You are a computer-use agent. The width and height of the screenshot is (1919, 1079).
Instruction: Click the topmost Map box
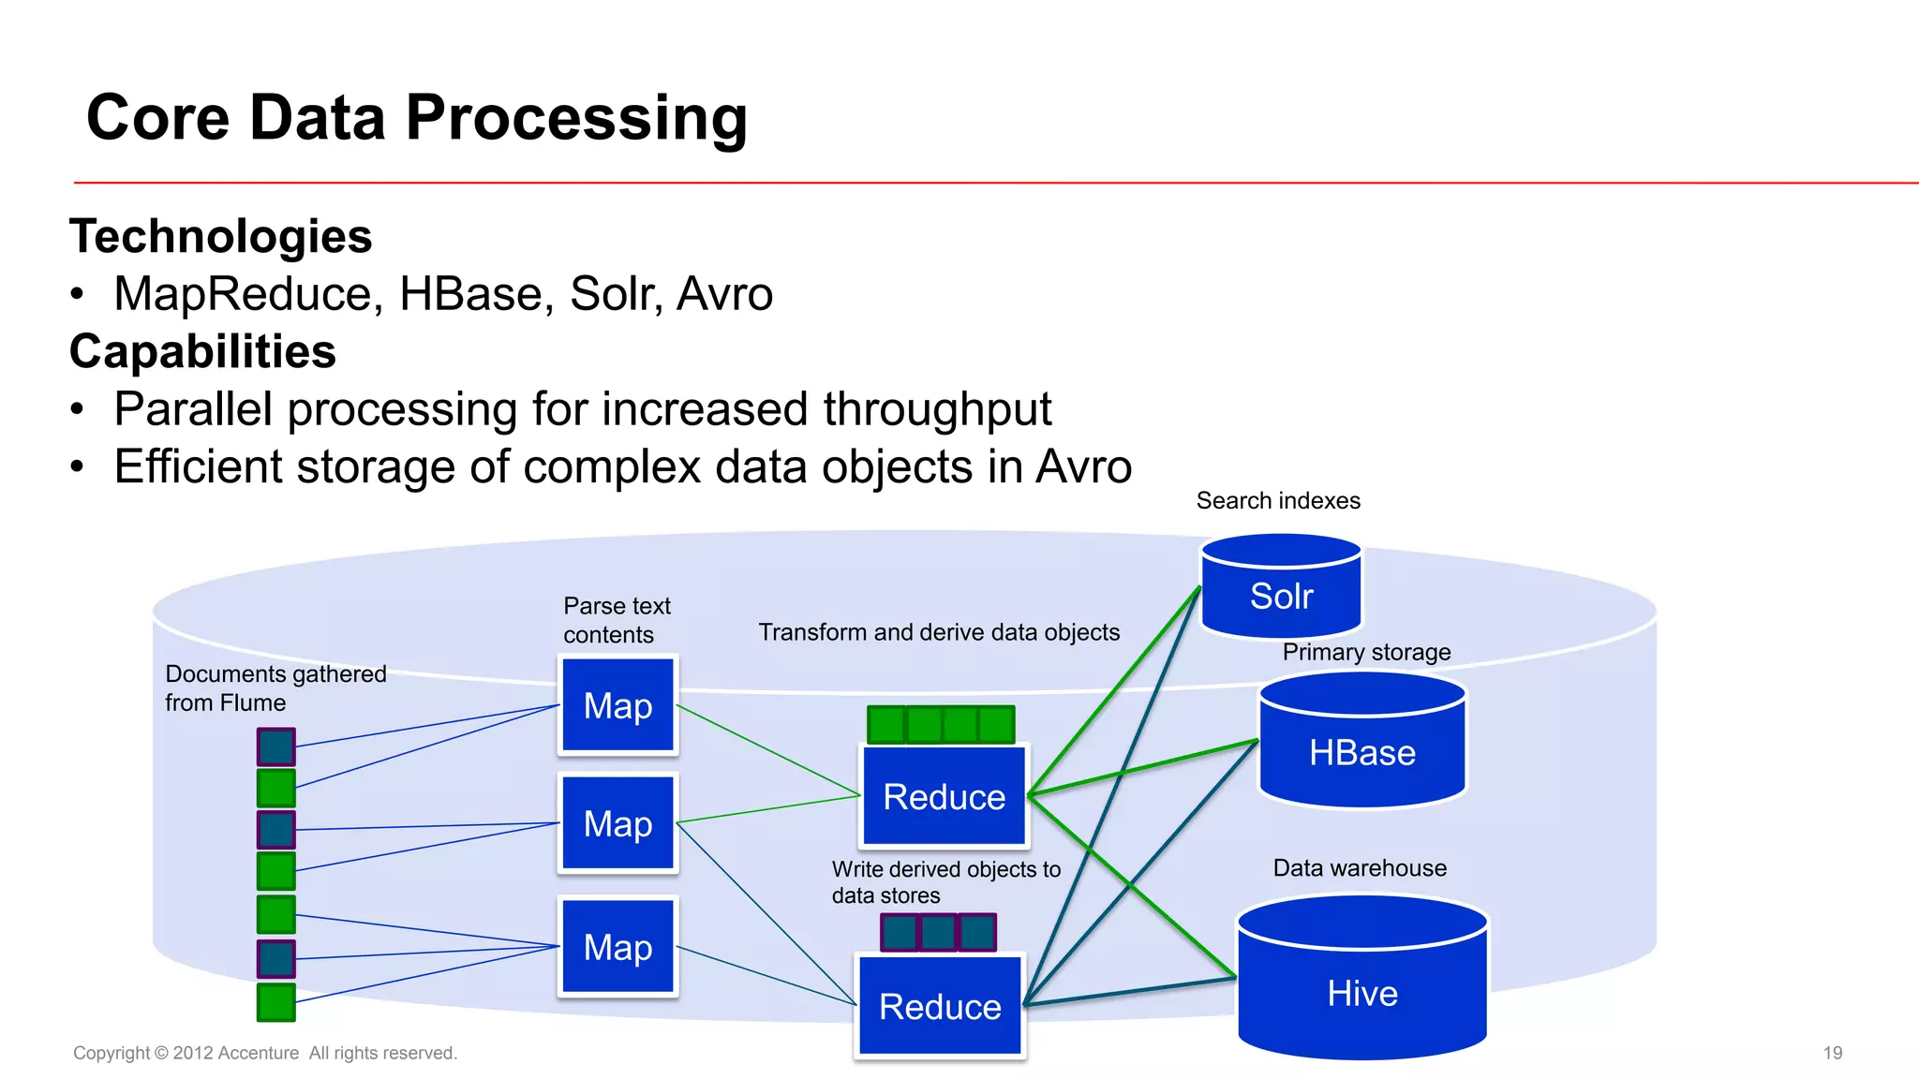click(x=618, y=705)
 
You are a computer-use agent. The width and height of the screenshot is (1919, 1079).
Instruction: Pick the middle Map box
click(x=618, y=823)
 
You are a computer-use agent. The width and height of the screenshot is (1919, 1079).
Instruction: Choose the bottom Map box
click(x=618, y=947)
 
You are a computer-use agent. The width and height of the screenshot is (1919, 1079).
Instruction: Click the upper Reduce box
click(x=945, y=796)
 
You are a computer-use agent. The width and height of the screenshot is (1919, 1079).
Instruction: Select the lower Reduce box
click(x=940, y=1006)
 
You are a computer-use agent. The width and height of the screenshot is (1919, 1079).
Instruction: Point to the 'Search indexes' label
click(x=1278, y=501)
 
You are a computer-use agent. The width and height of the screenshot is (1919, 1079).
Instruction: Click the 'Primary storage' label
click(x=1366, y=652)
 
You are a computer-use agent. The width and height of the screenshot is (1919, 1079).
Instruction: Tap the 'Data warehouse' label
click(x=1360, y=868)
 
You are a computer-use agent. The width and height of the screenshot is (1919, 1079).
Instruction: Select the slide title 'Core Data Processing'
click(x=417, y=118)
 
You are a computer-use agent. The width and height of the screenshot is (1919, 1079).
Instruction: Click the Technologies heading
click(x=221, y=236)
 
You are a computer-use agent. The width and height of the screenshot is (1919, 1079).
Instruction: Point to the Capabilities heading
click(x=202, y=352)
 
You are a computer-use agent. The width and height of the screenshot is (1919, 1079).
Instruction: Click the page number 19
click(x=1833, y=1053)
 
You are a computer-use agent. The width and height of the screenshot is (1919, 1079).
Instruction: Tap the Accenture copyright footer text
click(x=265, y=1053)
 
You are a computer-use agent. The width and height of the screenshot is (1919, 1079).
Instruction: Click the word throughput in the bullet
click(x=937, y=410)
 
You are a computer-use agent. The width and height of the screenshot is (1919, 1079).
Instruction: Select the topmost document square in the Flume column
click(x=276, y=746)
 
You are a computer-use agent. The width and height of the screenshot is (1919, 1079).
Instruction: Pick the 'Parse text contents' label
click(x=617, y=620)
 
